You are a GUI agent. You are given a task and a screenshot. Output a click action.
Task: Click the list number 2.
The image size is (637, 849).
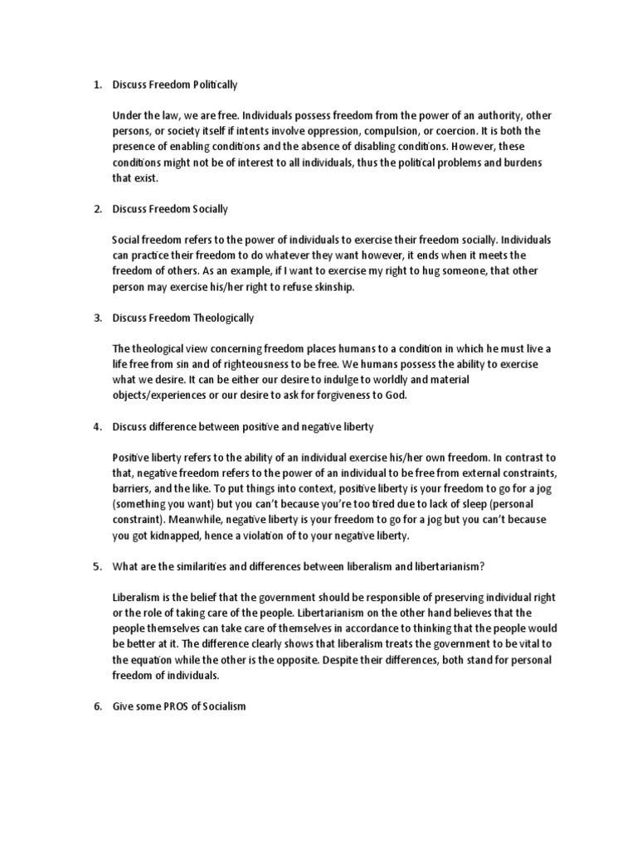[x=96, y=209]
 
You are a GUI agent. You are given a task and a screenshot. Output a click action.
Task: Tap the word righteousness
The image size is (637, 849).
[x=258, y=364]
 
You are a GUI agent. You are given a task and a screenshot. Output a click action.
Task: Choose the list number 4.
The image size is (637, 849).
[x=96, y=426]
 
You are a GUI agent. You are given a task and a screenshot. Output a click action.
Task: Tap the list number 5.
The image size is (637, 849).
[x=96, y=566]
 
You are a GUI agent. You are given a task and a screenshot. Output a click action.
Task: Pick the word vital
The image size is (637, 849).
[x=533, y=644]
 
